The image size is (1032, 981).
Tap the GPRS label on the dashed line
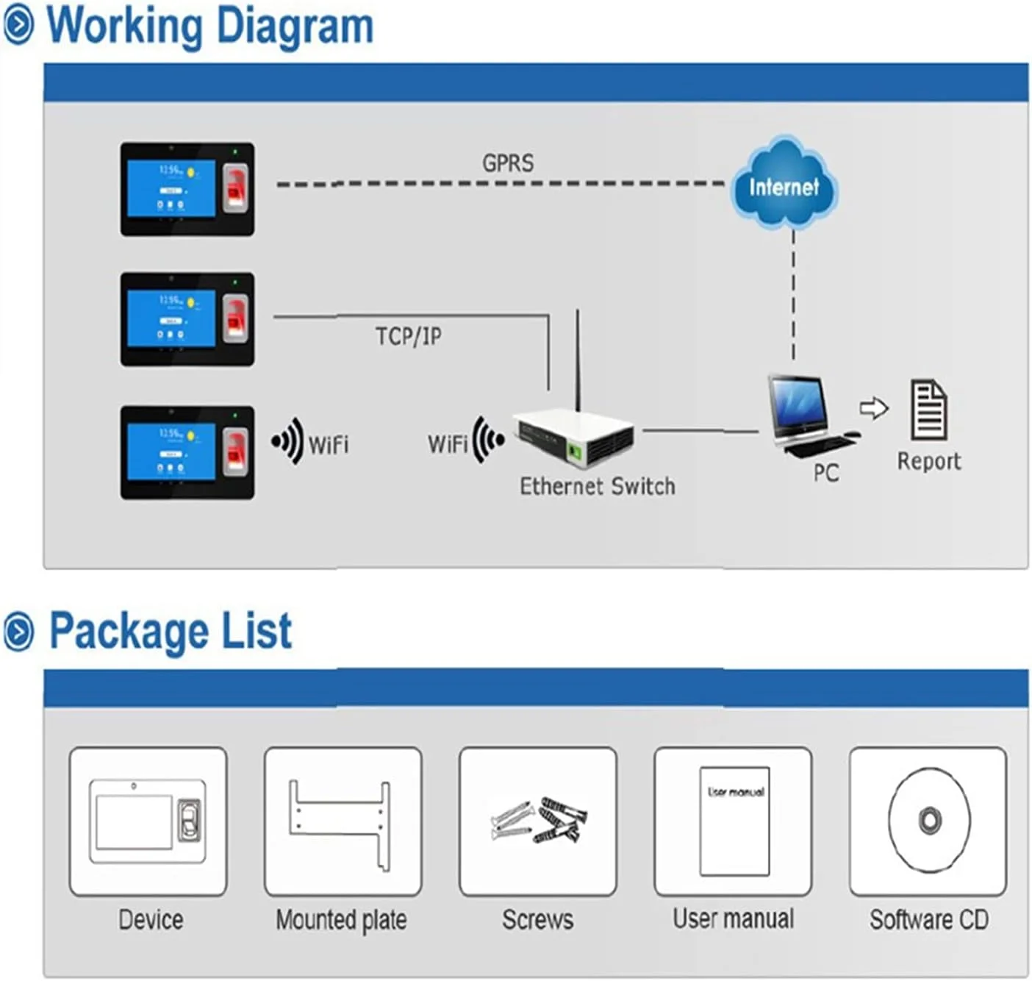(508, 163)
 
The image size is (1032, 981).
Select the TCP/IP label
(409, 336)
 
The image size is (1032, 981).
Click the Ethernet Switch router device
(574, 438)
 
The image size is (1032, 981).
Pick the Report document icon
(929, 410)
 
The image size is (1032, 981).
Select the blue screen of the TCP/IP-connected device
(172, 317)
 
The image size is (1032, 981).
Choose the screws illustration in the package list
(539, 820)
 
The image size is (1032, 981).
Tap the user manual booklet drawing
(734, 821)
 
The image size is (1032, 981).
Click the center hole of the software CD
(929, 819)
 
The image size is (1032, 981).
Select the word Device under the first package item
(151, 919)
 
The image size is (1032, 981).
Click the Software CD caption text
(929, 919)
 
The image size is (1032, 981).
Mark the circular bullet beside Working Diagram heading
(18, 26)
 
